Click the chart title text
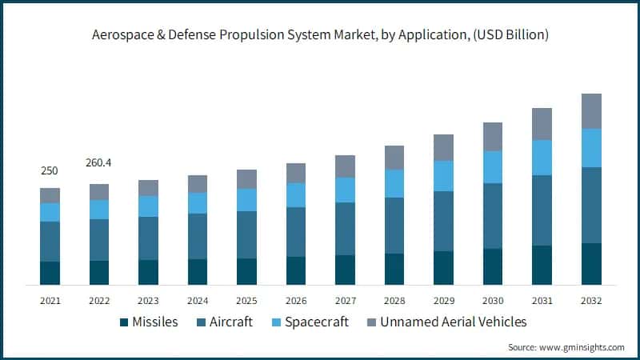[x=320, y=35]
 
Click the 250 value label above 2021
[x=50, y=171]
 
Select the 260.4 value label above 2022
[x=98, y=163]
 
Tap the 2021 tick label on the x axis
[x=50, y=301]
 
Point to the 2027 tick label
[x=345, y=301]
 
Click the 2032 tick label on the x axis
[x=591, y=301]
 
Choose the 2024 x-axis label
[x=198, y=301]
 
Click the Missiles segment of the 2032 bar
[x=591, y=264]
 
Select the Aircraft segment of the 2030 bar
[x=493, y=216]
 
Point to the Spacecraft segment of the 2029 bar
[x=443, y=176]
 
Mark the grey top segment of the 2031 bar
[x=542, y=124]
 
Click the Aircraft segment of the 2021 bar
[x=50, y=242]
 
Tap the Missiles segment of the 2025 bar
[x=246, y=271]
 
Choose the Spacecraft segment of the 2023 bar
[x=148, y=206]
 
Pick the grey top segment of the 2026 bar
[x=296, y=173]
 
